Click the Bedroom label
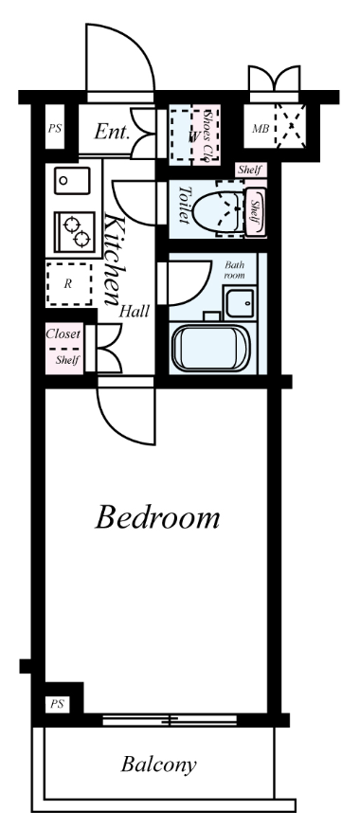(157, 517)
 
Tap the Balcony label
(158, 765)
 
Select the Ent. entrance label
(112, 132)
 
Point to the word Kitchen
(114, 259)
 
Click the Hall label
(134, 311)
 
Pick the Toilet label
(183, 204)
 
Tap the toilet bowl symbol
(219, 211)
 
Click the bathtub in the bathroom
(211, 348)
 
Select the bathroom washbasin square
(240, 303)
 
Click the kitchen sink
(72, 181)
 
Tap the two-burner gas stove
(75, 232)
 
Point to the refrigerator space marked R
(68, 284)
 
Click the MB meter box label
(261, 128)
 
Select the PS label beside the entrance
(55, 128)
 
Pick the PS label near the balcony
(57, 704)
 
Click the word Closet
(63, 334)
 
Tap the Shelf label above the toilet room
(250, 170)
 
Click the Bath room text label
(235, 269)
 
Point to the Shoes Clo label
(209, 135)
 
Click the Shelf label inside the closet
(67, 360)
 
